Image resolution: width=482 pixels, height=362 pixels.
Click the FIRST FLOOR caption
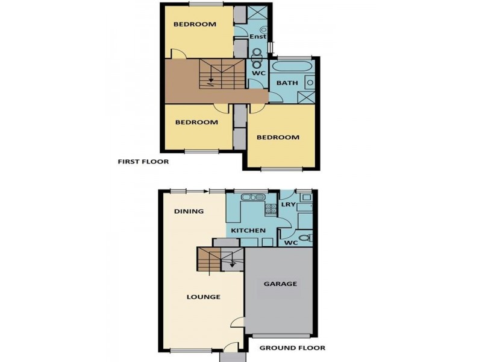point(143,162)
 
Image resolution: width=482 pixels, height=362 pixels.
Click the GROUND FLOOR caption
point(292,348)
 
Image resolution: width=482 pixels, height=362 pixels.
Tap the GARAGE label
point(280,284)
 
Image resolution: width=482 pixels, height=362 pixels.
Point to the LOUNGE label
point(203,297)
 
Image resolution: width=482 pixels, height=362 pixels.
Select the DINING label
point(189,212)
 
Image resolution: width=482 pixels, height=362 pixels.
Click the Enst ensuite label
point(258,37)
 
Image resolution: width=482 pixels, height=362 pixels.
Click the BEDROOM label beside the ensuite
point(195,25)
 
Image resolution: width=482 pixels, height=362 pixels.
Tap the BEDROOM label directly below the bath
point(278,138)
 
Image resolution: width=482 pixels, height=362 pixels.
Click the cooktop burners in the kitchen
point(271,209)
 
